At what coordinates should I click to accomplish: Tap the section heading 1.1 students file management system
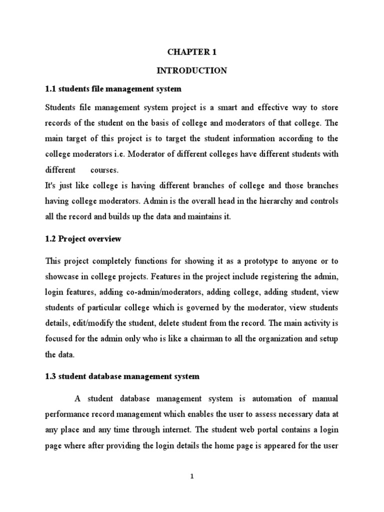coord(113,89)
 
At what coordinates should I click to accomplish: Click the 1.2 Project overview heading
coord(83,239)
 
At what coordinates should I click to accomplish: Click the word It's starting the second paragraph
coord(51,185)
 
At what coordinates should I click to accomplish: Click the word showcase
coord(62,276)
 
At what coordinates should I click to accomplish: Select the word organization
coord(279,338)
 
